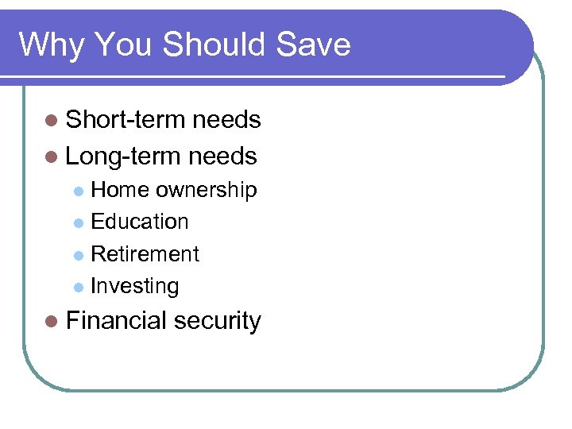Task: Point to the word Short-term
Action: [118, 120]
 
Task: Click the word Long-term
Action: [116, 156]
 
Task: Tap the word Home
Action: [120, 190]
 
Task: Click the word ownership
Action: [206, 191]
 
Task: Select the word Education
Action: [140, 222]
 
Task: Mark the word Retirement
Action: [145, 254]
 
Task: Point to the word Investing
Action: [135, 286]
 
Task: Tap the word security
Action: [217, 322]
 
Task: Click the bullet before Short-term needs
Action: [52, 121]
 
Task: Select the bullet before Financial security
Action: [52, 322]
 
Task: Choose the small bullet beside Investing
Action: [78, 287]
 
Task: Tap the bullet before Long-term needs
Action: [52, 157]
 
